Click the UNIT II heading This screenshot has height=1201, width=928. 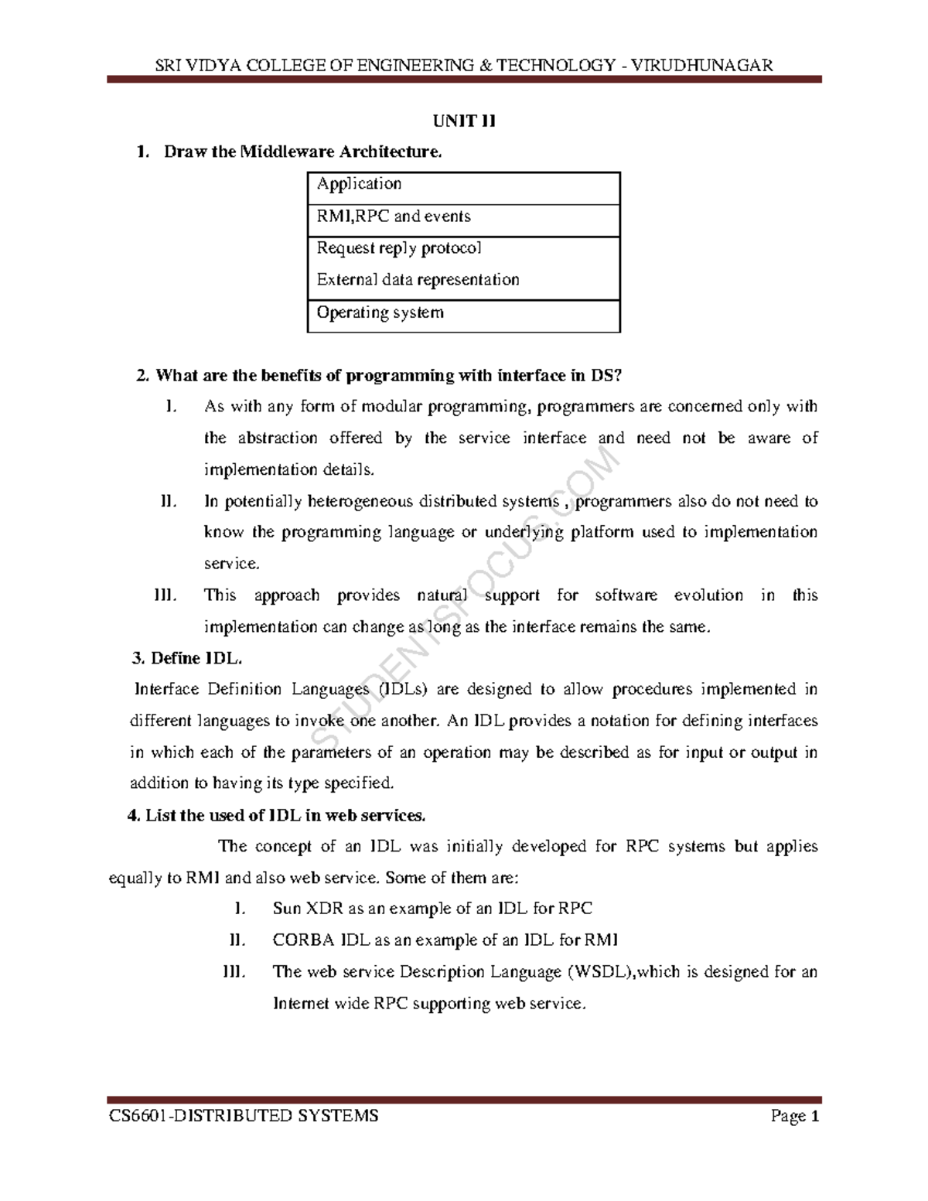pyautogui.click(x=463, y=121)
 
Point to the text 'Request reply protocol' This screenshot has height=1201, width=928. pyautogui.click(x=399, y=248)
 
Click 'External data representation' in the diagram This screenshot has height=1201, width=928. pyautogui.click(x=418, y=280)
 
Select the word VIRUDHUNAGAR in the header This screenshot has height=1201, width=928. pyautogui.click(x=702, y=65)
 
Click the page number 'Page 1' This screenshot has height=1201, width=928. pyautogui.click(x=794, y=1116)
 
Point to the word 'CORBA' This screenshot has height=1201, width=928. pyautogui.click(x=303, y=940)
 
